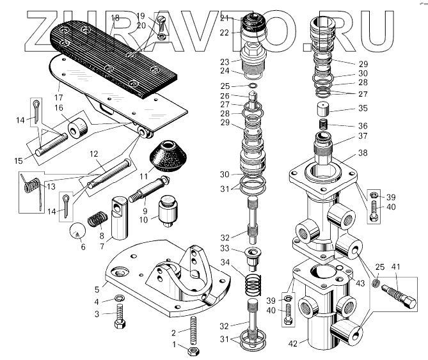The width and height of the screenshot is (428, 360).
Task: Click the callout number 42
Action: [x=293, y=343]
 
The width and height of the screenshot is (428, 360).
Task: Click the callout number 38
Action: [x=362, y=154]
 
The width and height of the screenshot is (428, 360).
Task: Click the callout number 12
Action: [x=93, y=154]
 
